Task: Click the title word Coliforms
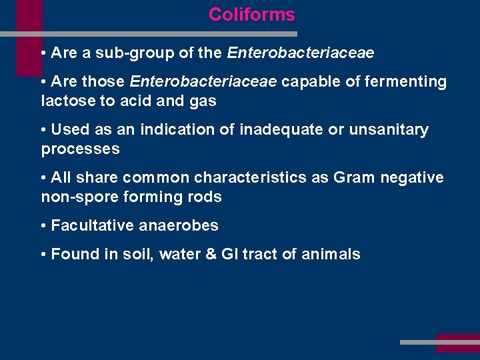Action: coord(251,15)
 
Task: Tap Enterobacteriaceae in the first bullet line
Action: coord(301,53)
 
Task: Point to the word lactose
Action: coord(65,101)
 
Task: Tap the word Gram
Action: coord(355,177)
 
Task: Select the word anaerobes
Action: coord(179,225)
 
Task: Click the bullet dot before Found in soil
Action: coord(43,255)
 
